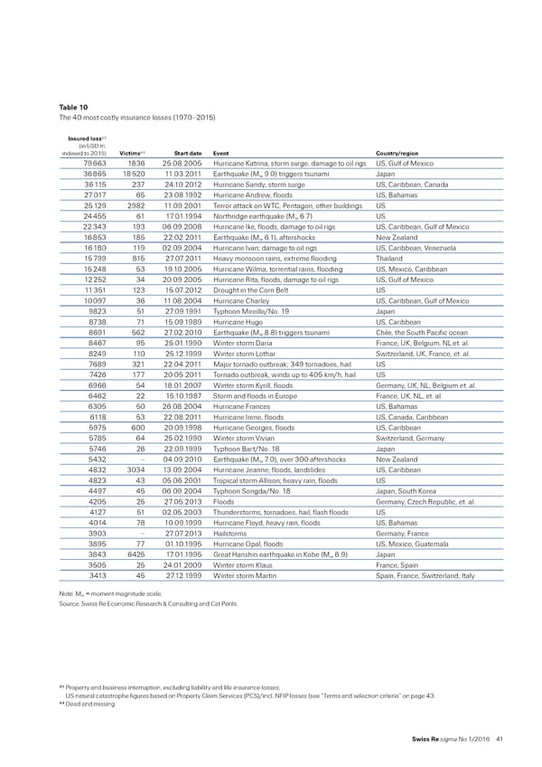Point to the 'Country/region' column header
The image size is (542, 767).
coord(406,152)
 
